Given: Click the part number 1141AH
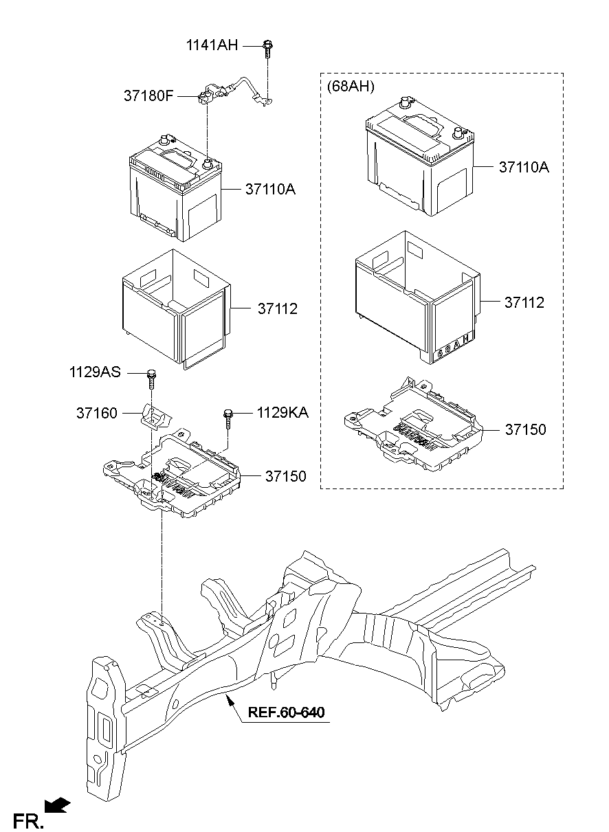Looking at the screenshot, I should pos(212,46).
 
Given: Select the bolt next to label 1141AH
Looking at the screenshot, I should pos(267,48).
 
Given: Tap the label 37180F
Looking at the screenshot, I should pos(148,96).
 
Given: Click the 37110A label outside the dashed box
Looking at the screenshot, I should pos(269,189).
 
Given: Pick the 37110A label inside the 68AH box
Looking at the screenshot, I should pos(524,167).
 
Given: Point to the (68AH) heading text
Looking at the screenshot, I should pos(351,86).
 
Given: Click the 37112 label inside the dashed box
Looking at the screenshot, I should pos(524,302).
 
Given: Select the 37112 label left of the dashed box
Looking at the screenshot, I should pos(278,309).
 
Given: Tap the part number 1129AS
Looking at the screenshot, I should pos(94,372).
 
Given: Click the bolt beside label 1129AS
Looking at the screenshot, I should pos(151,378).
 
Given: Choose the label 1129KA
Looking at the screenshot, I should pos(283,413).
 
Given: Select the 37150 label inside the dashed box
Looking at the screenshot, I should pos(525,429).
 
